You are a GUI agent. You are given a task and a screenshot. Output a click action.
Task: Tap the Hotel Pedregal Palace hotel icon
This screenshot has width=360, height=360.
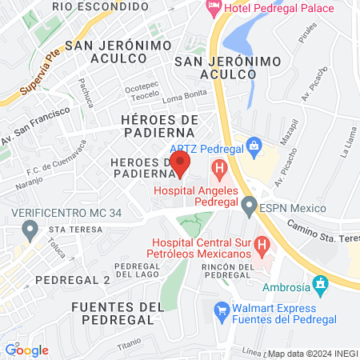tap(214, 8)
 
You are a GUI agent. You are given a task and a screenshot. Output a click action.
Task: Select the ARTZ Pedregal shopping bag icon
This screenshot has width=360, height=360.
tap(254, 146)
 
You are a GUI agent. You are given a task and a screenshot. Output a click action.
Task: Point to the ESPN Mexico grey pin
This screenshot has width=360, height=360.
tap(250, 208)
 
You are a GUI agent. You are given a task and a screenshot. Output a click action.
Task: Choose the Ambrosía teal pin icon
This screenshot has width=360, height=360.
tap(321, 284)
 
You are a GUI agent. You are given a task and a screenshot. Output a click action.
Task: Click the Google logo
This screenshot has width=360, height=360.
tap(26, 350)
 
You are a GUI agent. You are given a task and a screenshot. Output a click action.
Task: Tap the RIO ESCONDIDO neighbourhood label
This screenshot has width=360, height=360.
tap(94, 6)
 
